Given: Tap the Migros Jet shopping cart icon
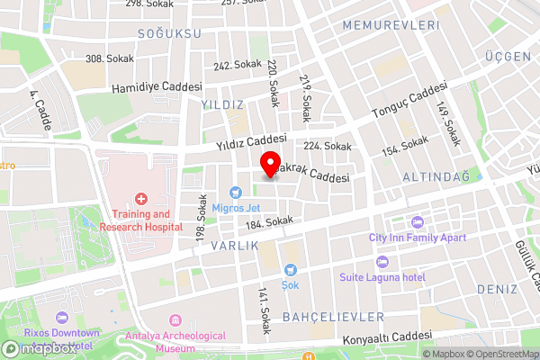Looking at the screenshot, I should [x=236, y=192].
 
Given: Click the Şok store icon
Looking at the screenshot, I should [x=291, y=269].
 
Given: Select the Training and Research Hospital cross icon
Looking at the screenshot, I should [x=140, y=198].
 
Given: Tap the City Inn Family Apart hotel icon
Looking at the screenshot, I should [x=415, y=222].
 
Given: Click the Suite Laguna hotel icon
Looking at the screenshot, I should [x=382, y=261].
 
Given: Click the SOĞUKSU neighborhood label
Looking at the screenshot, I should [x=169, y=33].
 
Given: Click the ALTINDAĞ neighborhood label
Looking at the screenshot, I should [x=436, y=176].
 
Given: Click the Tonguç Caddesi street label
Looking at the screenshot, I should [x=409, y=103].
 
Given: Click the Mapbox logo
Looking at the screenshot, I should [x=38, y=348].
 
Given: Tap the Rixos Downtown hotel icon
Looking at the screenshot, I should [x=61, y=318].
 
